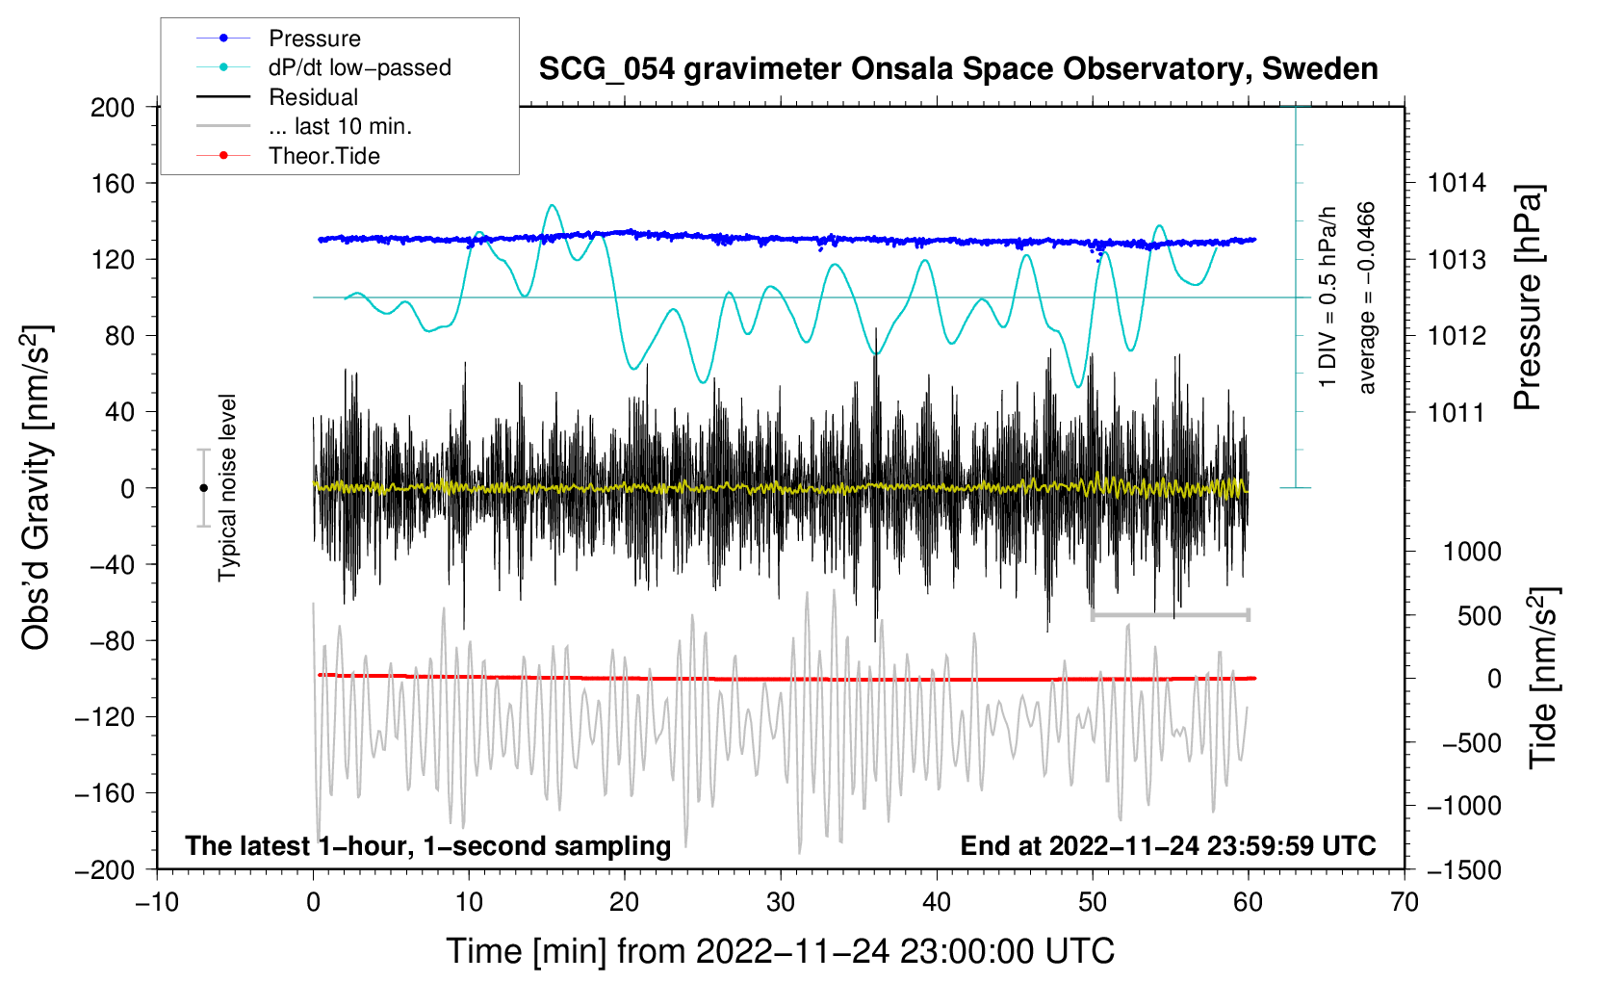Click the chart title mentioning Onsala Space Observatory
[x=958, y=69]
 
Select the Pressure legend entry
[x=314, y=39]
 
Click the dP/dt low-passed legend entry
[x=359, y=67]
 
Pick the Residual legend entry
[x=313, y=97]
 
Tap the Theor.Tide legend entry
[x=323, y=156]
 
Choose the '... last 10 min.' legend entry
[x=340, y=126]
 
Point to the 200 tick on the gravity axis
[x=113, y=107]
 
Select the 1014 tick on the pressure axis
[x=1456, y=183]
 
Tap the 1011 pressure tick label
[x=1456, y=413]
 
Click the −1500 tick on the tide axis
[x=1463, y=869]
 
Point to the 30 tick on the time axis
[x=781, y=902]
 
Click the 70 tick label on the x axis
[x=1405, y=902]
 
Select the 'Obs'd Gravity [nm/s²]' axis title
[x=36, y=487]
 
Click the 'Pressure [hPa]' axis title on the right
[x=1528, y=298]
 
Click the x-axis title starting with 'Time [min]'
[x=781, y=951]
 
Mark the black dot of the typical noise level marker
[x=203, y=488]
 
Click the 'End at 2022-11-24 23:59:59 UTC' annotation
[x=1168, y=845]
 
